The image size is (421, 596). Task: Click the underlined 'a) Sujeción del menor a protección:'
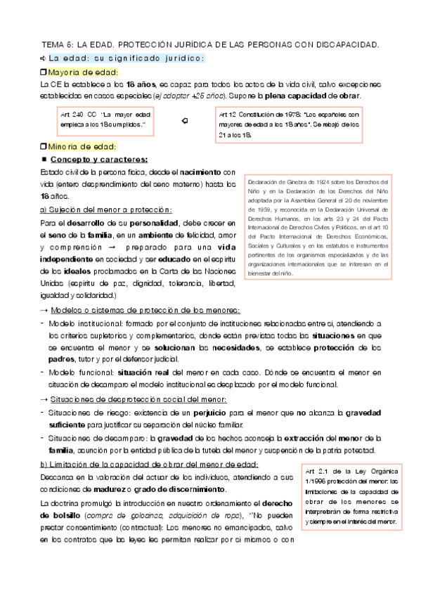[106, 210]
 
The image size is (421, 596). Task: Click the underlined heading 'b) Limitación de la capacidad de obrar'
[140, 465]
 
